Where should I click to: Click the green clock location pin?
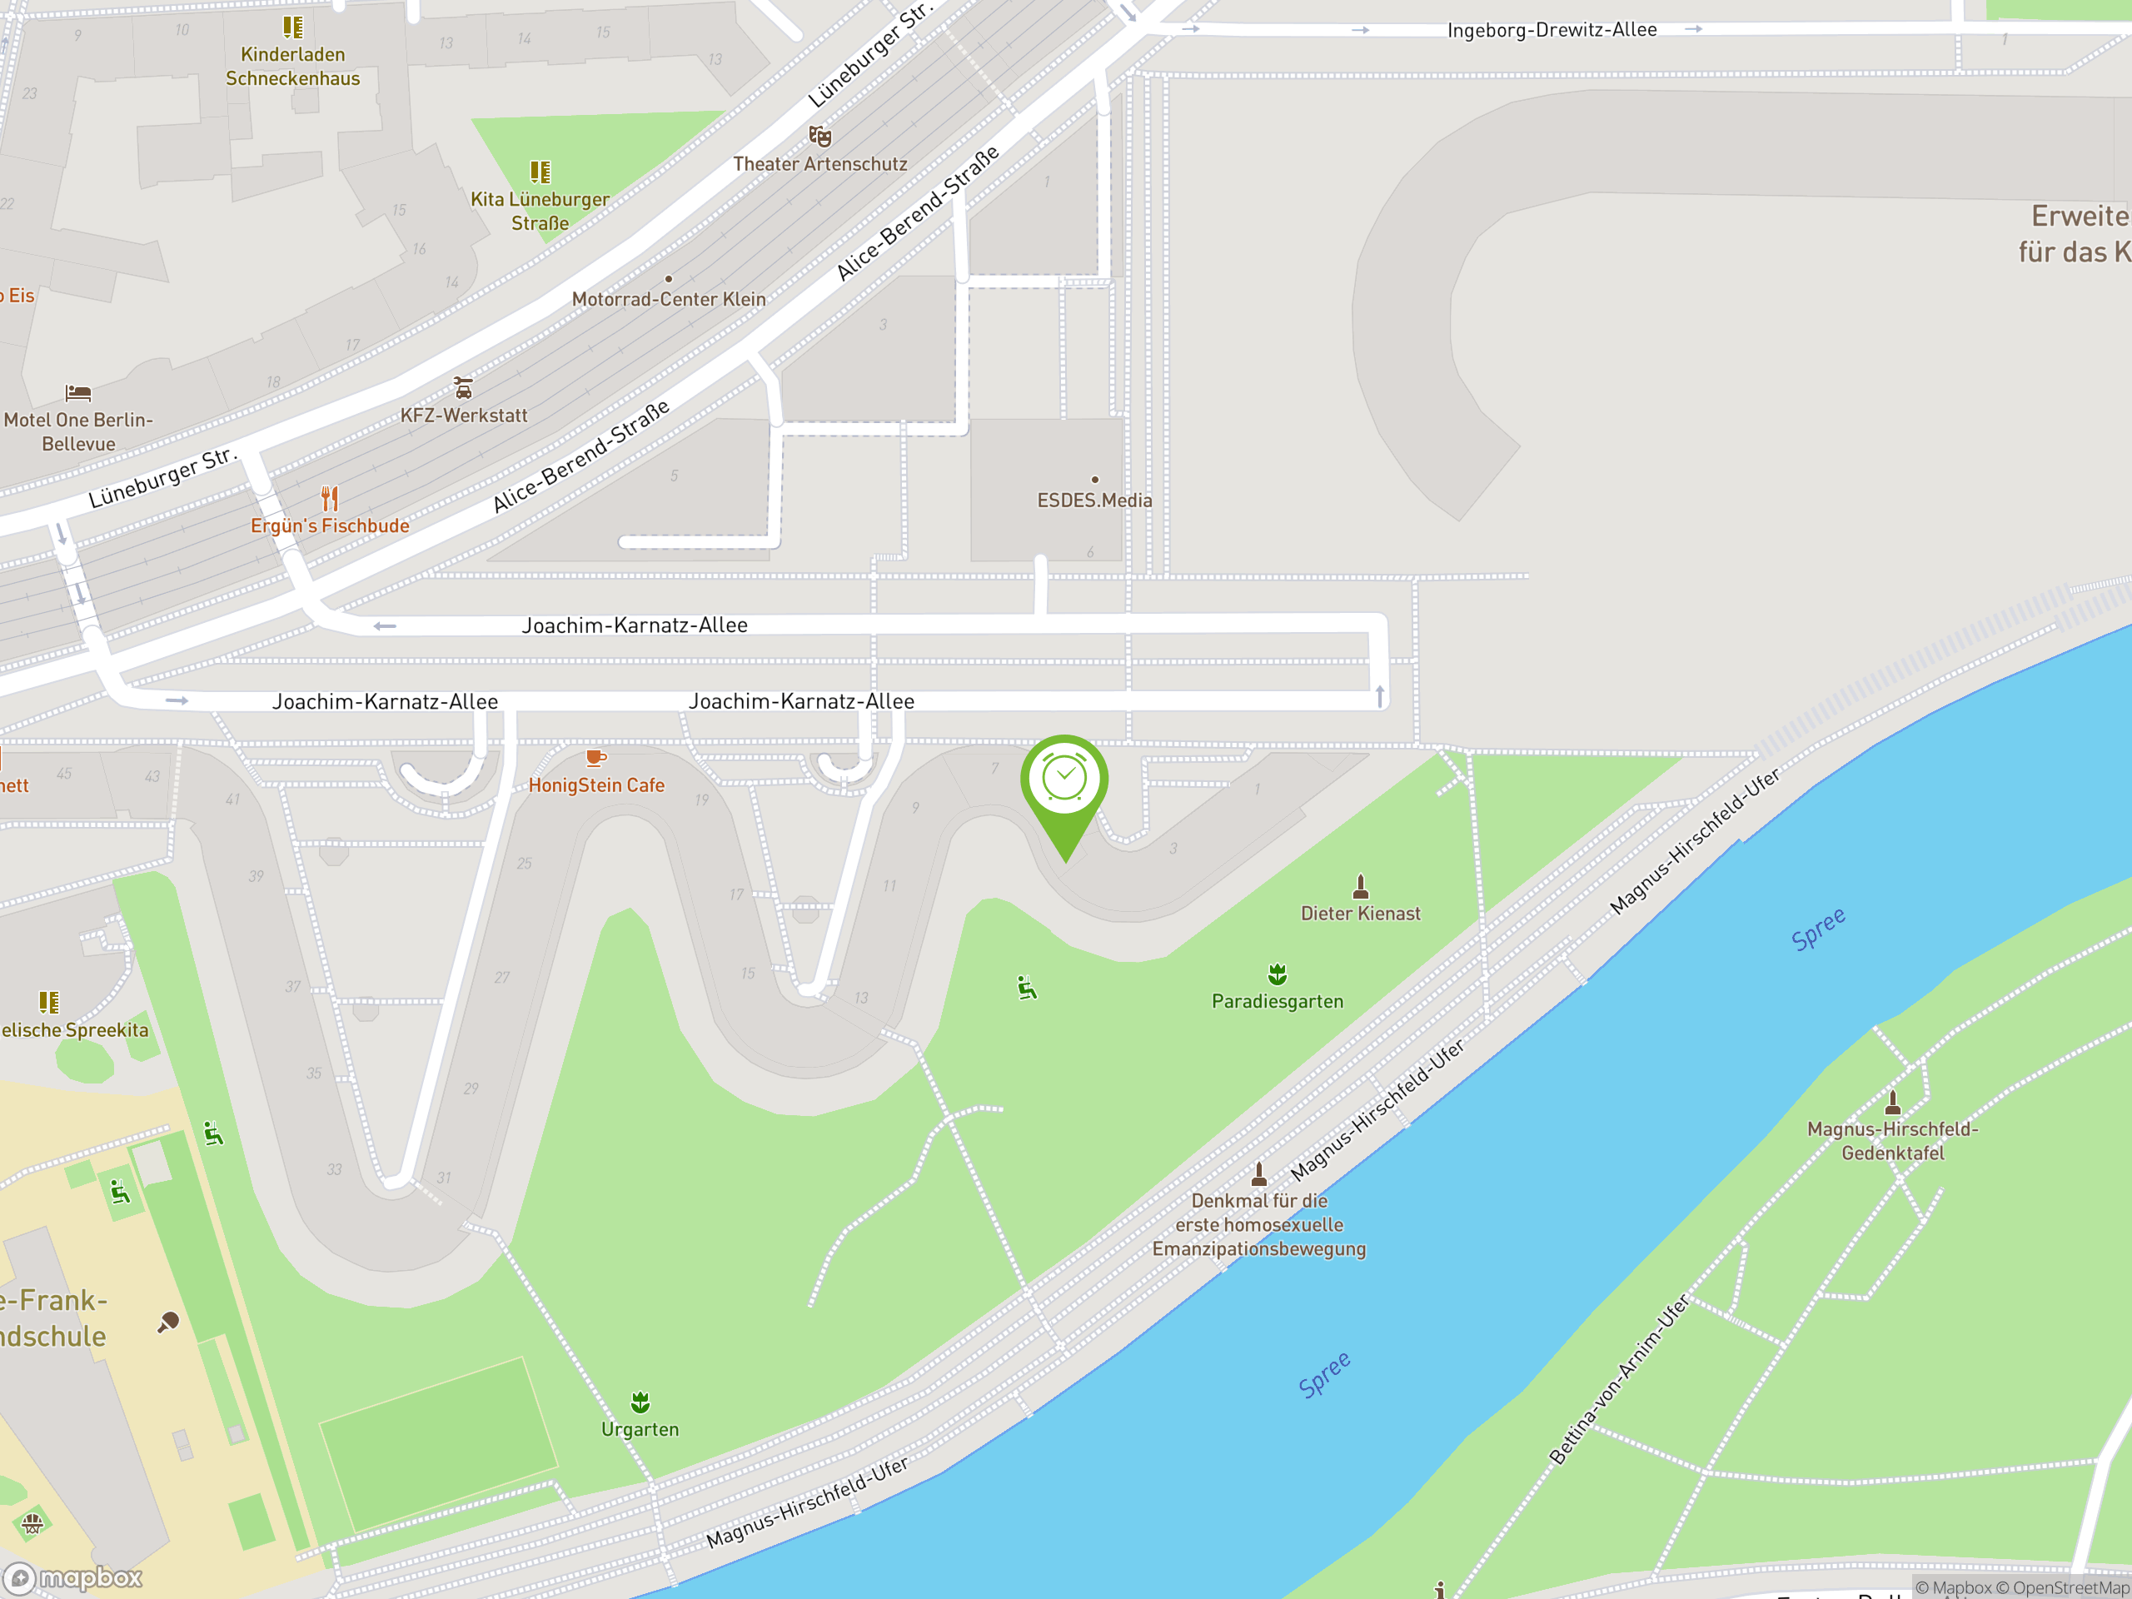coord(1064,780)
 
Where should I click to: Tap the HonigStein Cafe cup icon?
coord(595,758)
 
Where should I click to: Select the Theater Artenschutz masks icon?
coord(819,136)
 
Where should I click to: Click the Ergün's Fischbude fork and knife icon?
coord(330,498)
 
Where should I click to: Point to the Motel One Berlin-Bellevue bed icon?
coord(78,393)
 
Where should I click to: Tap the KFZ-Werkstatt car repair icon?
coord(464,387)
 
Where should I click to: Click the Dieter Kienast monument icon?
coord(1360,886)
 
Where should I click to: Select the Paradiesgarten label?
coord(1277,1001)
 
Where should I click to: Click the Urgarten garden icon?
coord(640,1402)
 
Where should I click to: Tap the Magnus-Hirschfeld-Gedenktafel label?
coord(1892,1141)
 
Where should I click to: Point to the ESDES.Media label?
coord(1094,501)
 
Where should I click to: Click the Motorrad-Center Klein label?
coord(669,300)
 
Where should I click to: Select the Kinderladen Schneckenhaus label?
coord(293,67)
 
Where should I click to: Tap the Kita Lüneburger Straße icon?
coord(540,172)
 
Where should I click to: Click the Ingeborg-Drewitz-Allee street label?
coord(1552,30)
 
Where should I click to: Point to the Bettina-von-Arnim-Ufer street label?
coord(1618,1379)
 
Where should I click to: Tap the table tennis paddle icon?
coord(169,1322)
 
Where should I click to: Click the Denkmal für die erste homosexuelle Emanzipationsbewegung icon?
coord(1258,1174)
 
